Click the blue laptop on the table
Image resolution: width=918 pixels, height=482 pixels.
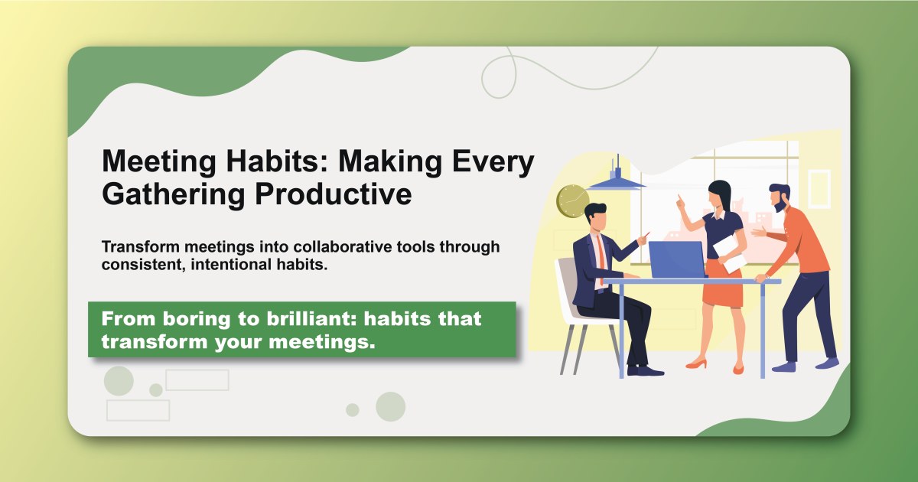pyautogui.click(x=675, y=259)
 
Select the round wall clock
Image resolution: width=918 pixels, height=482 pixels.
pyautogui.click(x=572, y=200)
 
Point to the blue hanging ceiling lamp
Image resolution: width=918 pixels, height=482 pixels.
pyautogui.click(x=616, y=179)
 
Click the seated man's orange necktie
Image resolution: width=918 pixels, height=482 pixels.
pyautogui.click(x=602, y=252)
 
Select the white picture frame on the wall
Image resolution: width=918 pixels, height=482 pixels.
pyautogui.click(x=819, y=187)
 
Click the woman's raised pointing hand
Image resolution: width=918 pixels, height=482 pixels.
pyautogui.click(x=679, y=204)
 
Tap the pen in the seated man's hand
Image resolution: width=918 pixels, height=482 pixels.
pyautogui.click(x=646, y=235)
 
